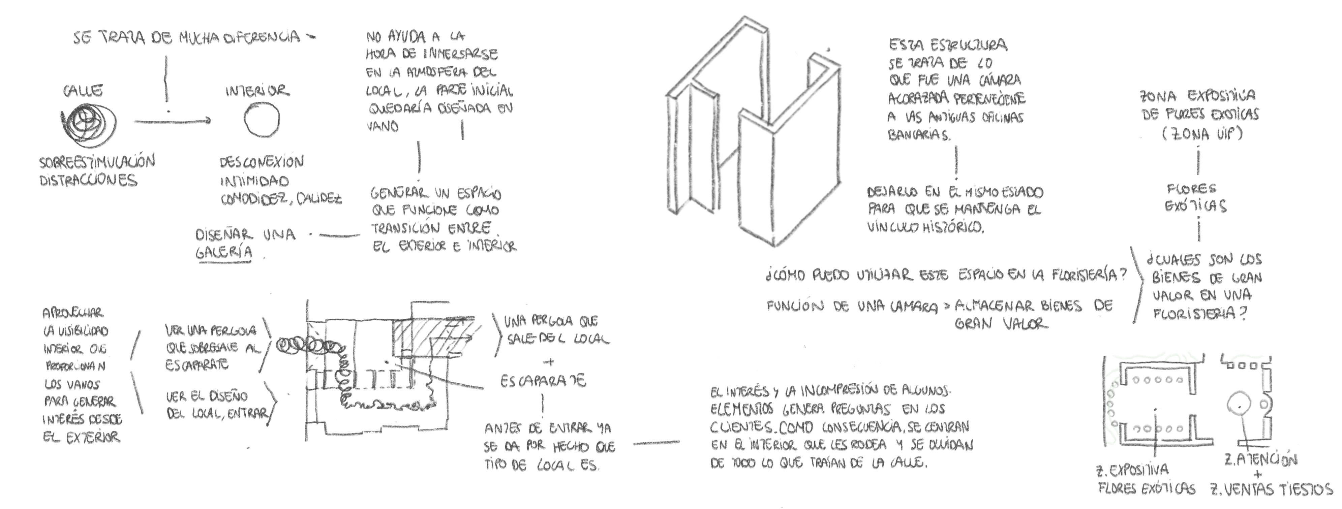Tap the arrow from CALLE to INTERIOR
[172, 121]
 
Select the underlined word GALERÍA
[224, 253]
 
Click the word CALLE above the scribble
[83, 92]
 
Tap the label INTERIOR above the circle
[257, 92]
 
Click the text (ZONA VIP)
[1202, 134]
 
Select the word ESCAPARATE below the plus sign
[543, 381]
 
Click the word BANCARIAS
[918, 135]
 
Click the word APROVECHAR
[73, 313]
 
